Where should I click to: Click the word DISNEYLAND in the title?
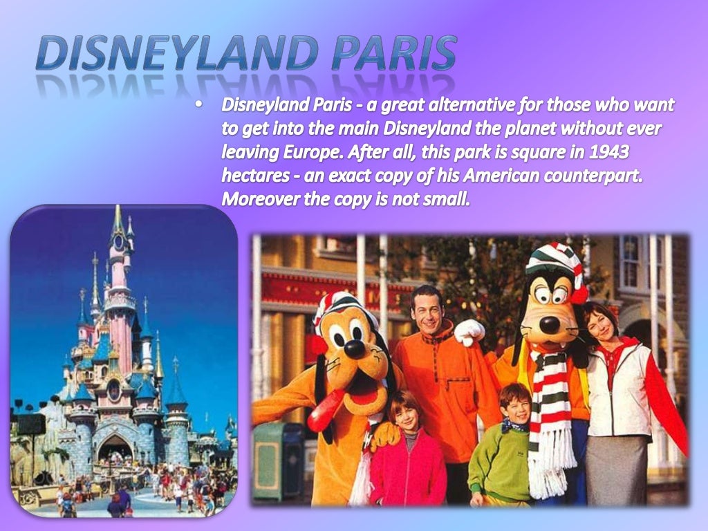click(177, 55)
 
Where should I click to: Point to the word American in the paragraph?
click(503, 175)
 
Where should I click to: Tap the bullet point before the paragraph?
click(199, 105)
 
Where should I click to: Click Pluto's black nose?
click(355, 350)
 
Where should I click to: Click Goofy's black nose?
click(550, 324)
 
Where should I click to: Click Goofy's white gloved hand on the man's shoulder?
click(469, 333)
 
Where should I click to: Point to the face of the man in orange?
click(428, 310)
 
